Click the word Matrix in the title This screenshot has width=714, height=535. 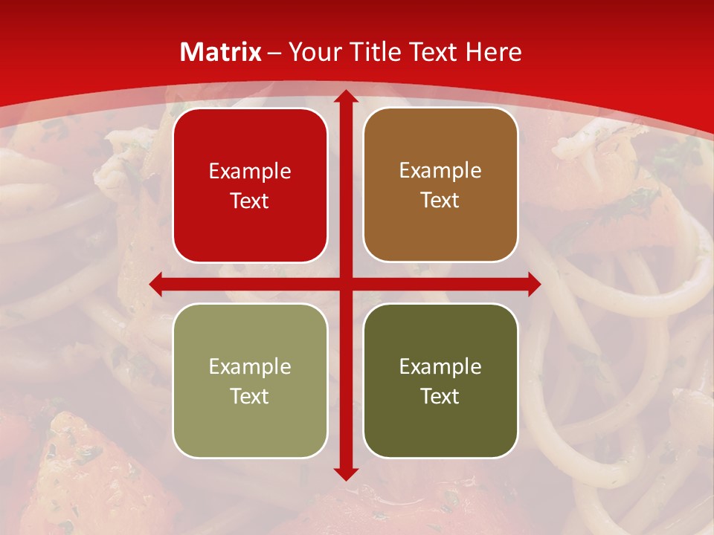[x=221, y=52]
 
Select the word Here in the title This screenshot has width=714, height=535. [x=493, y=52]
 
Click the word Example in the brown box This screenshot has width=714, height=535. [x=440, y=171]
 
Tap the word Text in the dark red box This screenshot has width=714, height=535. [x=250, y=201]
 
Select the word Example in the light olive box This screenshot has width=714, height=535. [x=250, y=366]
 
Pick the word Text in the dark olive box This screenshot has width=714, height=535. [x=440, y=396]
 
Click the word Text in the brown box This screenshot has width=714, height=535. [x=440, y=201]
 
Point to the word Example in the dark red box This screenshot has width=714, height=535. [x=250, y=171]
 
